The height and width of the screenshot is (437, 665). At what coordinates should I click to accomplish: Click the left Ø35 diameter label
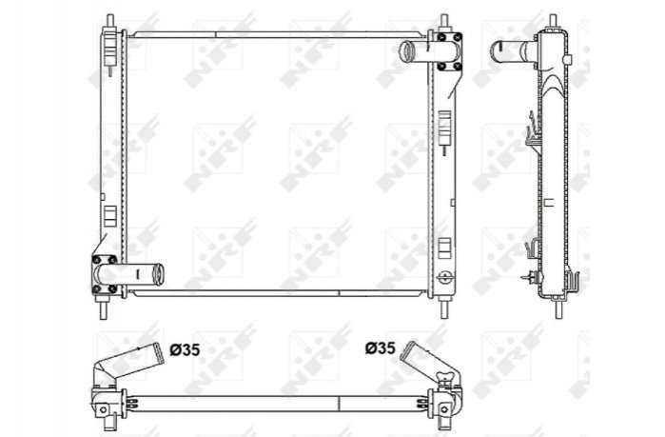tap(185, 350)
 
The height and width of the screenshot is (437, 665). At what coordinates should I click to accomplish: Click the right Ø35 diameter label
tap(380, 348)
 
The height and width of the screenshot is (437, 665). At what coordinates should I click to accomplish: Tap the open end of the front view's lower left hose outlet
tap(158, 274)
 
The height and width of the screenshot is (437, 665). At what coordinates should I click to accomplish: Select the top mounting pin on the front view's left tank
tap(109, 21)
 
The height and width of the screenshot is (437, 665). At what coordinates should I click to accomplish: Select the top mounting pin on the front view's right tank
tap(444, 21)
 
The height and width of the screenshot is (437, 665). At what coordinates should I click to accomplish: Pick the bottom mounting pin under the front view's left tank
tap(103, 308)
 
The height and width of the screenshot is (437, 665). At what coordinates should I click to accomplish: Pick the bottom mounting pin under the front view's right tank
tap(444, 308)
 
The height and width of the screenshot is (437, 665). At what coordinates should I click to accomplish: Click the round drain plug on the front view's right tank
tap(444, 277)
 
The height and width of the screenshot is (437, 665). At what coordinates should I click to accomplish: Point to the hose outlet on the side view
tap(513, 51)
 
